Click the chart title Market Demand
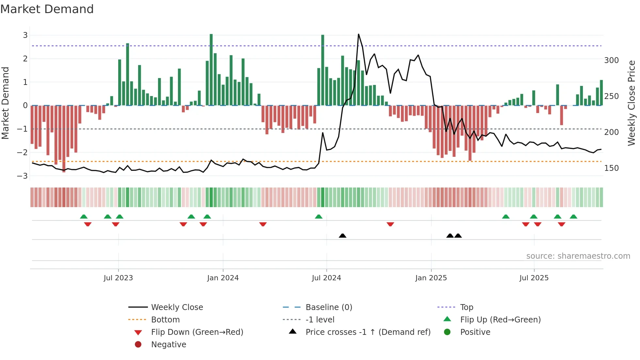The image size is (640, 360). coord(47,9)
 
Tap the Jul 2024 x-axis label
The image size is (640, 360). coord(326,278)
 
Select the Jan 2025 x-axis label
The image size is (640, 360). coord(431,278)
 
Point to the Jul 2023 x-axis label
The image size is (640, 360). coord(118,278)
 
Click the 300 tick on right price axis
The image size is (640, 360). coord(611,60)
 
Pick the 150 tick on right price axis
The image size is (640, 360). coord(611,168)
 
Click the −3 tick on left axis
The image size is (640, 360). coord(23,176)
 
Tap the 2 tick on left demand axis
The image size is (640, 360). coord(25,59)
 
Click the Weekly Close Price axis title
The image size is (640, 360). coord(632,103)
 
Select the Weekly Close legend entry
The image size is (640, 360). coord(177,307)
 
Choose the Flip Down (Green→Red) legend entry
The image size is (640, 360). coord(197,332)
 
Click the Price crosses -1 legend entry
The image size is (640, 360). coord(368,332)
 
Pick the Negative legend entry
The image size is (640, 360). coord(168,345)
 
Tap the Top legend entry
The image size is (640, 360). coord(466,307)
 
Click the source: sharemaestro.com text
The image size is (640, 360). coord(578,256)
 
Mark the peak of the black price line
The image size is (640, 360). coord(359,34)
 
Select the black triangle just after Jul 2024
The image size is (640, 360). coord(343,236)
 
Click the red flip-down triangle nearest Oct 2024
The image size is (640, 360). coord(390,224)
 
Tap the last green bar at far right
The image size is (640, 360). coord(601,93)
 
